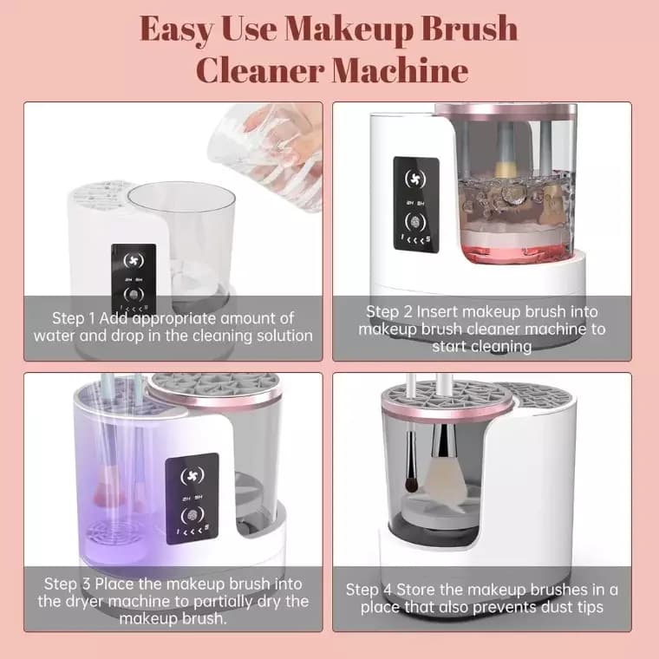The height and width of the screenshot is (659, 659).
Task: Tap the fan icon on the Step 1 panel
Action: pyautogui.click(x=134, y=259)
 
